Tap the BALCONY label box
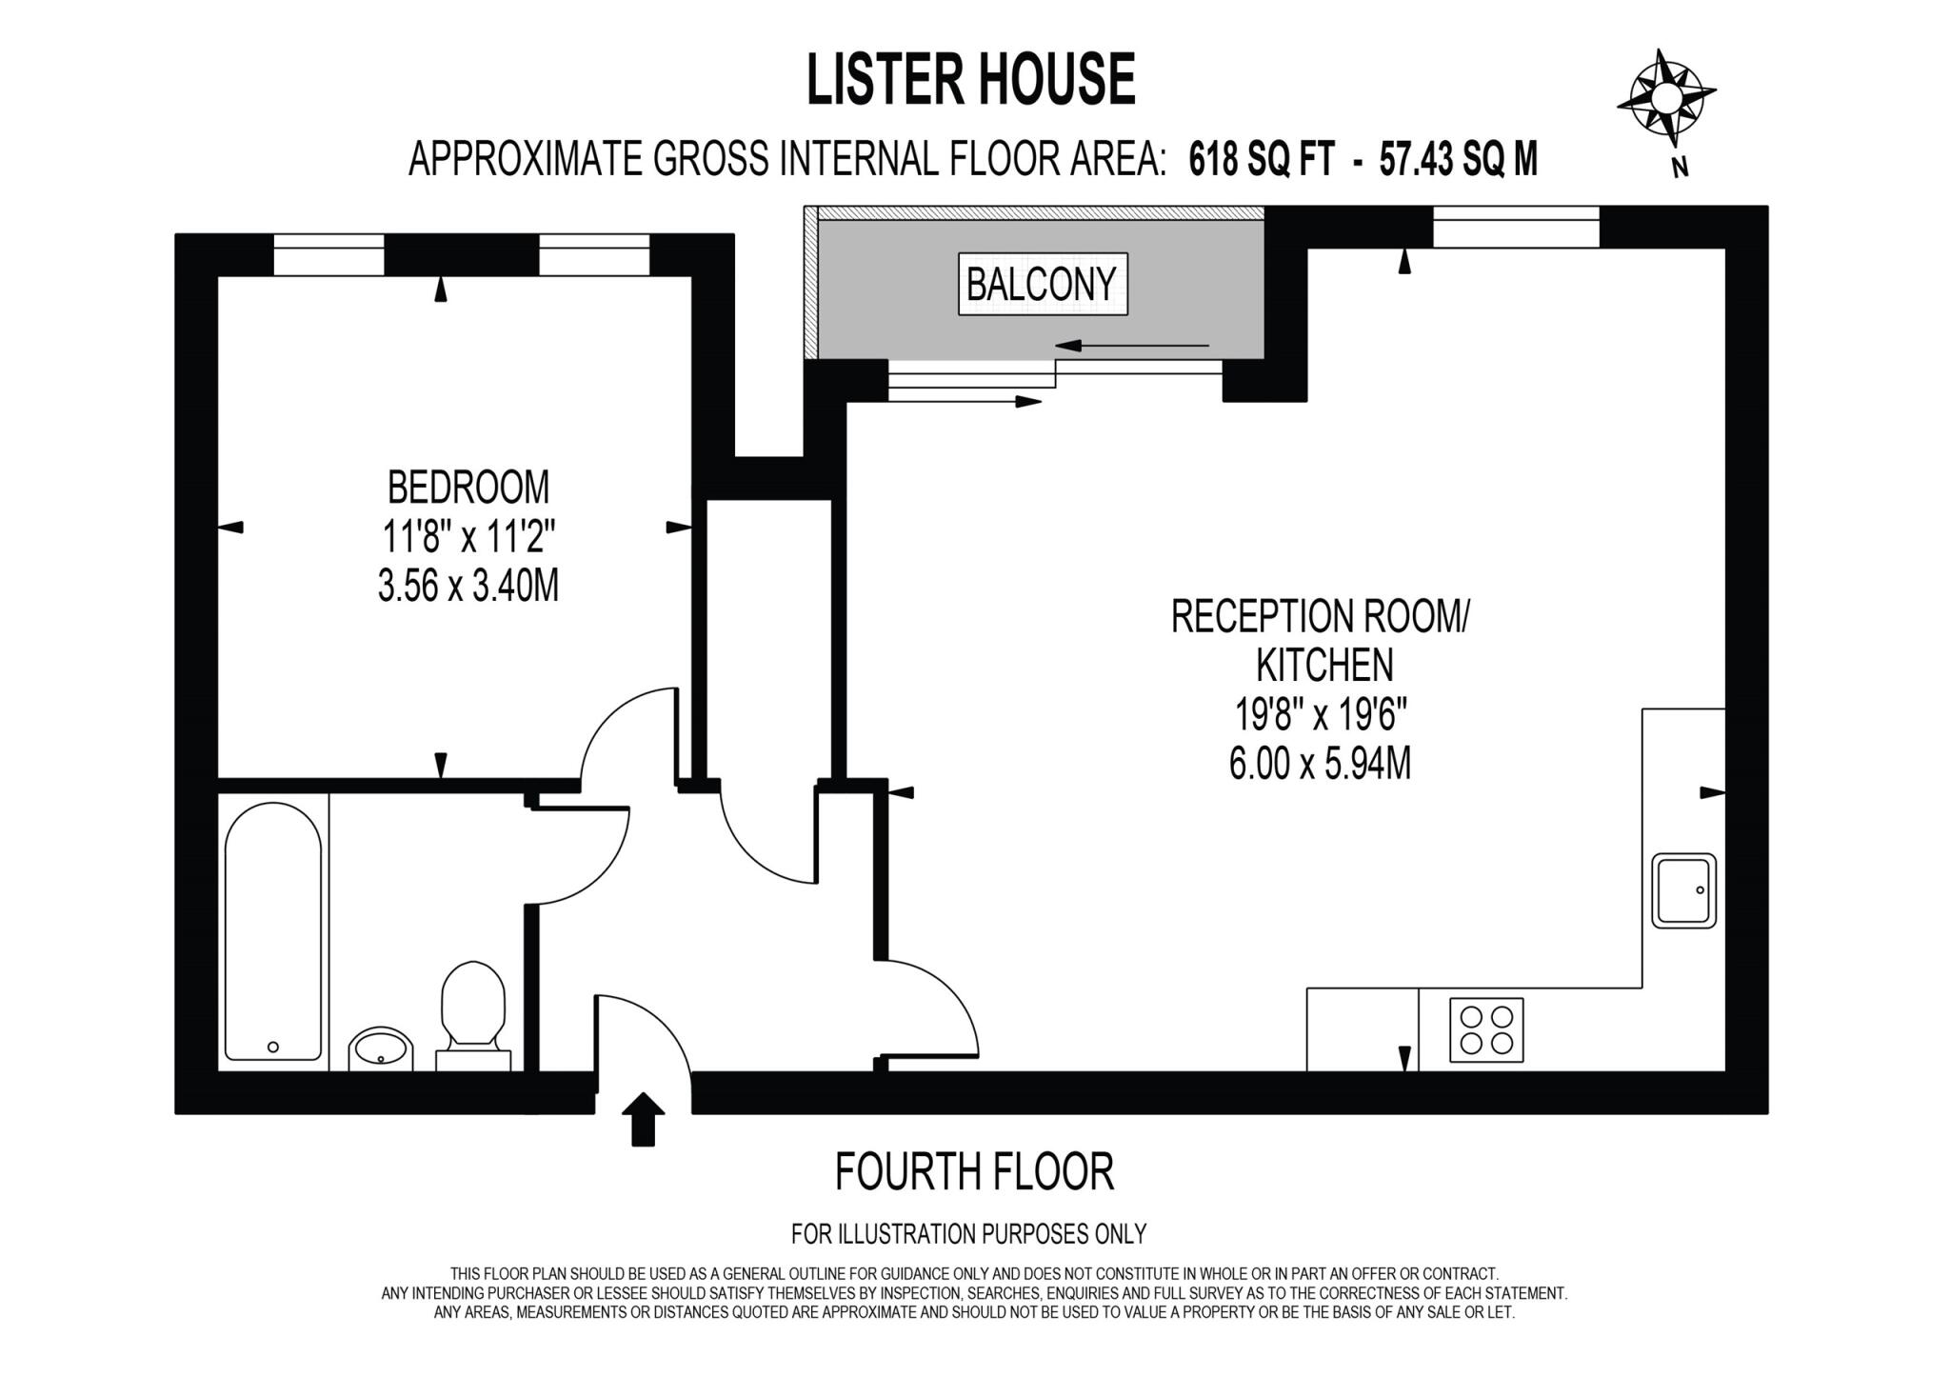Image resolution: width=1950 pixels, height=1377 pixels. pyautogui.click(x=1043, y=284)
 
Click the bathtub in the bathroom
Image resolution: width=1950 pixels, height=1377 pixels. pyautogui.click(x=273, y=931)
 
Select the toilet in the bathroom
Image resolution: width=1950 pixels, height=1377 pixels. pyautogui.click(x=473, y=1015)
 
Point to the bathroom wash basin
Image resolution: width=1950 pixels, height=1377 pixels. pyautogui.click(x=381, y=1048)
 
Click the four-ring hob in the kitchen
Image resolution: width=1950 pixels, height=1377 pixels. pyautogui.click(x=1486, y=1029)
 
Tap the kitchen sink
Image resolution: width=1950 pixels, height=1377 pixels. pyautogui.click(x=1683, y=890)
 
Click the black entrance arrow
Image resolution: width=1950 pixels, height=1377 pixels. pyautogui.click(x=644, y=1118)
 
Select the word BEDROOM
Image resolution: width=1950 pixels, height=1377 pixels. pyautogui.click(x=468, y=488)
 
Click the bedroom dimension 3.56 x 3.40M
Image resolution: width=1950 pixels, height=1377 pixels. pyautogui.click(x=468, y=586)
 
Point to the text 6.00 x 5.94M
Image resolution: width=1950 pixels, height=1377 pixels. pyautogui.click(x=1320, y=763)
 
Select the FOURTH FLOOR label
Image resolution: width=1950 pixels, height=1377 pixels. pyautogui.click(x=974, y=1172)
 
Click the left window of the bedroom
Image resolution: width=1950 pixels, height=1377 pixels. pyautogui.click(x=328, y=255)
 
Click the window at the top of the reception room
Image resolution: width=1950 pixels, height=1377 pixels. pyautogui.click(x=1516, y=227)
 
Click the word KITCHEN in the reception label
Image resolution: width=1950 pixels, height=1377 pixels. pyautogui.click(x=1324, y=665)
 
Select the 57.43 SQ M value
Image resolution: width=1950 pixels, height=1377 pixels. pyautogui.click(x=1458, y=159)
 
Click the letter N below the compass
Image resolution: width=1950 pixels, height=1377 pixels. pyautogui.click(x=1681, y=169)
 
